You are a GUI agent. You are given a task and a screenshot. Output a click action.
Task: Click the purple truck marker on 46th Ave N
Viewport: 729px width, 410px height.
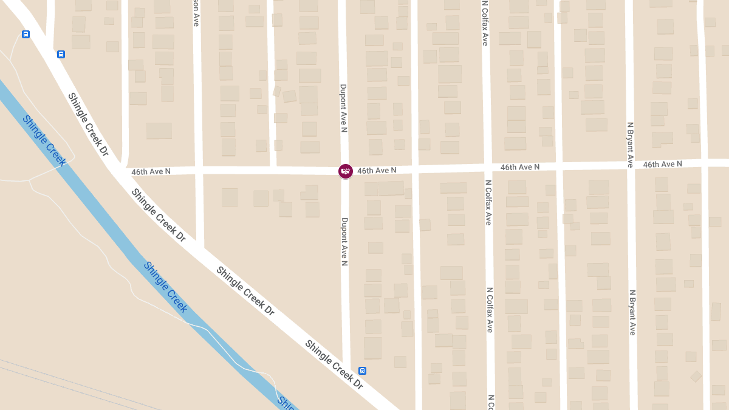[345, 171]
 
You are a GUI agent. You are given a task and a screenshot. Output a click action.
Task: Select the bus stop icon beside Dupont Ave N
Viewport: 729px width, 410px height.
[363, 371]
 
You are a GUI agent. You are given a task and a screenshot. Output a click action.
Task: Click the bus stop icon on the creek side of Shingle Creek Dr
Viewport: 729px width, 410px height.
[26, 35]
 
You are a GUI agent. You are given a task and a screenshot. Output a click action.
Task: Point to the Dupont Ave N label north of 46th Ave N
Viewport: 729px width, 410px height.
[343, 108]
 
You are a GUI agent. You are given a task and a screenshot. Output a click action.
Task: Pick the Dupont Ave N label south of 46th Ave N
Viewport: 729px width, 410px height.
[344, 242]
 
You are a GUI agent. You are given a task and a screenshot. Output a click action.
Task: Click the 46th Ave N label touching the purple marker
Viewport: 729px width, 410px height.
[377, 171]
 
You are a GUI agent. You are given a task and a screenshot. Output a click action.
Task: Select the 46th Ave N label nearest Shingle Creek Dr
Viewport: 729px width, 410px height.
[151, 172]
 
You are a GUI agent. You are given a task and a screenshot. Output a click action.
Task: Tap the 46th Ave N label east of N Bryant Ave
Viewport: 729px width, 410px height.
[662, 165]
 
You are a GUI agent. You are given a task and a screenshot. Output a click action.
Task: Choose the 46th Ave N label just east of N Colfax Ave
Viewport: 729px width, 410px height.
[520, 167]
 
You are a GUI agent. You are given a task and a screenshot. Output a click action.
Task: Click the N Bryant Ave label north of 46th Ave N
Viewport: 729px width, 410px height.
[631, 145]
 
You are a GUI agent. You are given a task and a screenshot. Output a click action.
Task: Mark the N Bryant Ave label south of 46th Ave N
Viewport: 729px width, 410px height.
[632, 312]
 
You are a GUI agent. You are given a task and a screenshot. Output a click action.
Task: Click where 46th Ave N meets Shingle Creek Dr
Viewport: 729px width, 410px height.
[117, 171]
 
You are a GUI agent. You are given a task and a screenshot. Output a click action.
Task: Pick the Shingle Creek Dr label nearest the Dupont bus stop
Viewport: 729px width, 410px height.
[334, 364]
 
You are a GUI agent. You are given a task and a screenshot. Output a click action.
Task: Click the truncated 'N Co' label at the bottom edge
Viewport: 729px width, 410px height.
[490, 402]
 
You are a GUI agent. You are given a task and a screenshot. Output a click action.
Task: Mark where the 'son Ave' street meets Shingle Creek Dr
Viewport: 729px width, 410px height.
[199, 245]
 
